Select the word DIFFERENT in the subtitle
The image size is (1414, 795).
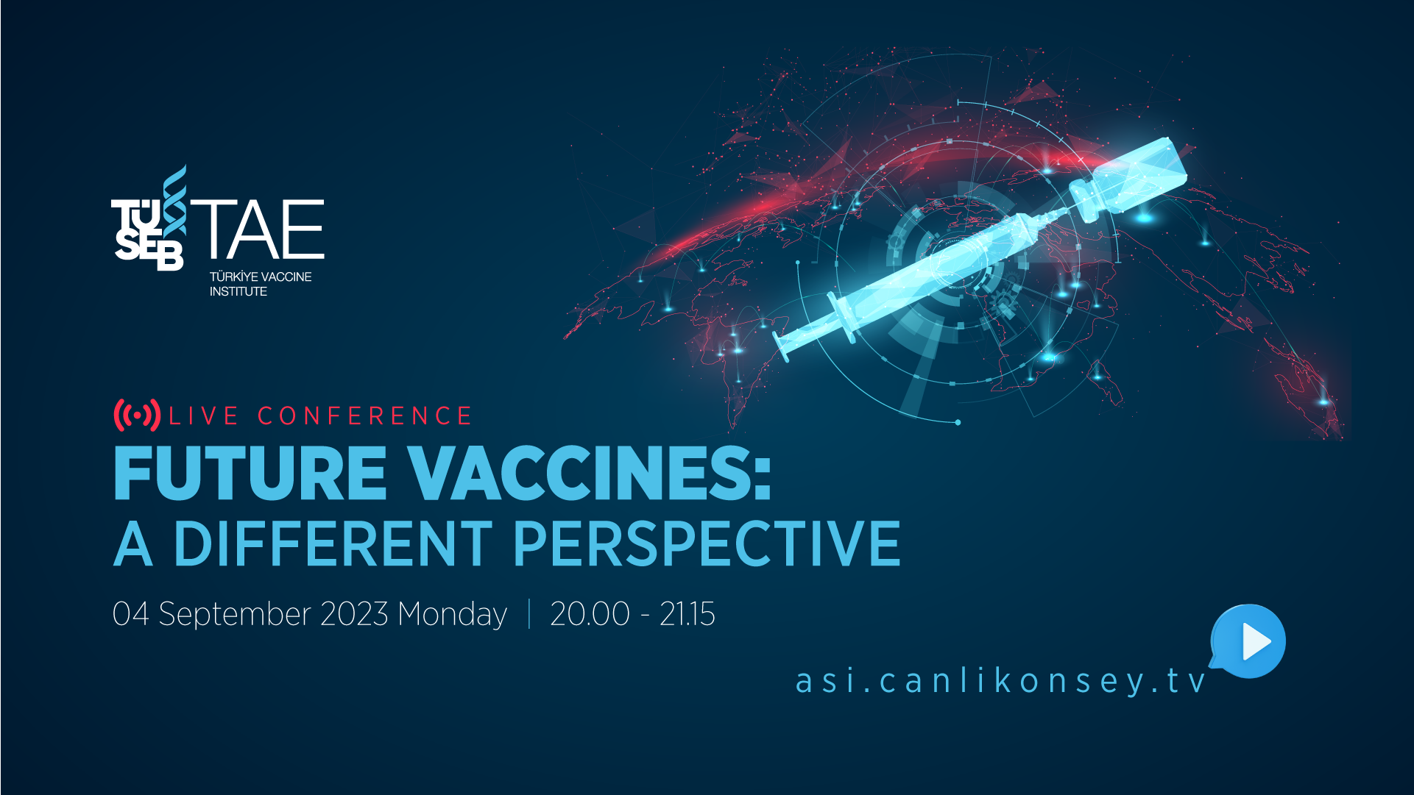tap(333, 544)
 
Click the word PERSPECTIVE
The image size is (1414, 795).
tap(707, 544)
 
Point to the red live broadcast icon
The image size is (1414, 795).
tap(137, 416)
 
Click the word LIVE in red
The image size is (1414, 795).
tap(204, 416)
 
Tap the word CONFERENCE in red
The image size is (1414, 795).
tap(364, 416)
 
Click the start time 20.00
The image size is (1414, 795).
tap(590, 614)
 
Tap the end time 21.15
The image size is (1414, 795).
tap(687, 614)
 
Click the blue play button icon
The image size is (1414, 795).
tap(1249, 641)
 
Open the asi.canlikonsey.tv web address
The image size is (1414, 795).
tap(1001, 680)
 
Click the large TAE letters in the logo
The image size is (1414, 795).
tap(258, 229)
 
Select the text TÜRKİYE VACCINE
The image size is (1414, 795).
tap(261, 277)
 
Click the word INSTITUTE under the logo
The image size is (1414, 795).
tap(238, 291)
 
